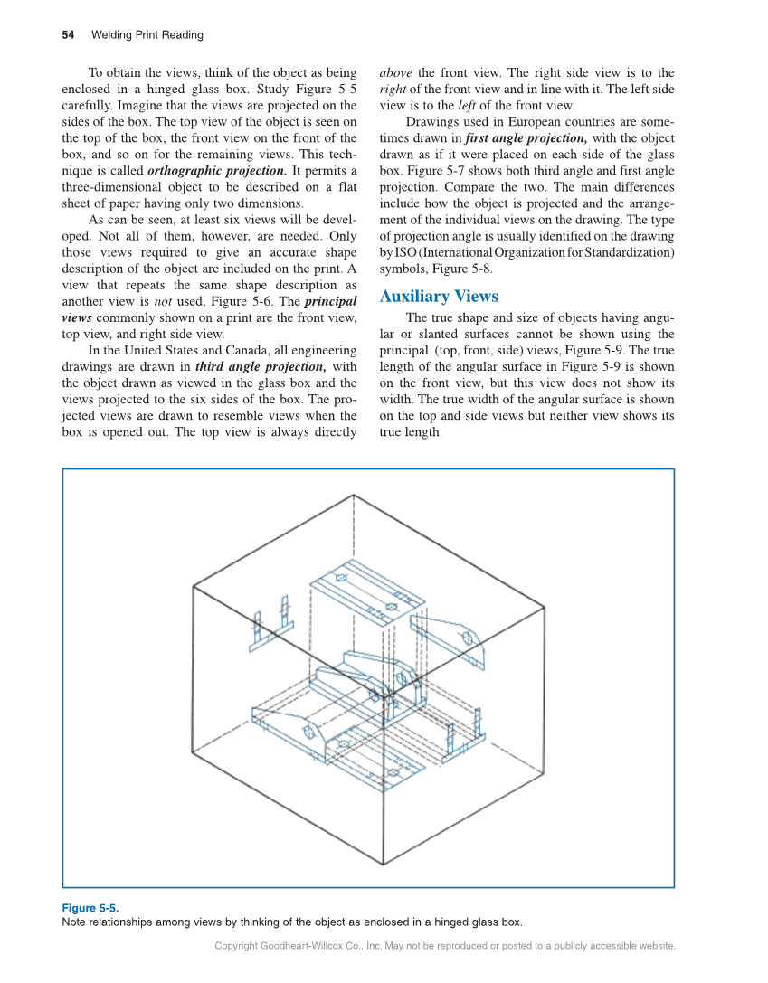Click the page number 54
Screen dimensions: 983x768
click(68, 35)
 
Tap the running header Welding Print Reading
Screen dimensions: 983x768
click(147, 35)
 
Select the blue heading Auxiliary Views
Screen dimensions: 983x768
click(439, 297)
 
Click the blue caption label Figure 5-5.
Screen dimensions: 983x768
click(90, 908)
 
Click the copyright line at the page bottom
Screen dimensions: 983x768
click(445, 946)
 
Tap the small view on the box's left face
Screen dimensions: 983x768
click(270, 624)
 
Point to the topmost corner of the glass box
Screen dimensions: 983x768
click(353, 495)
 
